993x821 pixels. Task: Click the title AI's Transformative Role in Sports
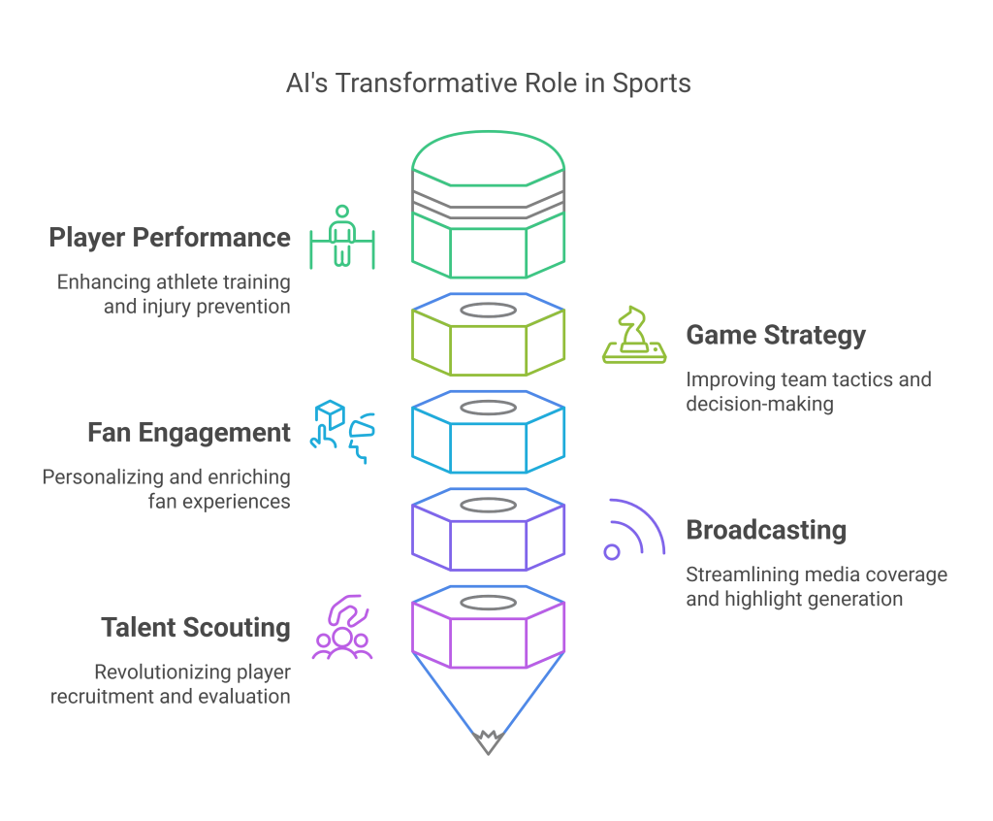(x=488, y=83)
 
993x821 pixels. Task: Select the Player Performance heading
(x=170, y=238)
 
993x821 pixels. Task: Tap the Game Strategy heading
(x=776, y=336)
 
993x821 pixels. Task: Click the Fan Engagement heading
(x=189, y=433)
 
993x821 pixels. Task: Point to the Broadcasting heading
(x=766, y=531)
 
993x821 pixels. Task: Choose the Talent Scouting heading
(x=196, y=628)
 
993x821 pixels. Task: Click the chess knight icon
(x=633, y=336)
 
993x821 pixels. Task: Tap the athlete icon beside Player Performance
(x=340, y=237)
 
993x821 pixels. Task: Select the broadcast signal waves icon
(x=634, y=529)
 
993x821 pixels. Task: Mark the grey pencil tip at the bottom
(x=488, y=743)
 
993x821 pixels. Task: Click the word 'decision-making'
(x=759, y=404)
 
